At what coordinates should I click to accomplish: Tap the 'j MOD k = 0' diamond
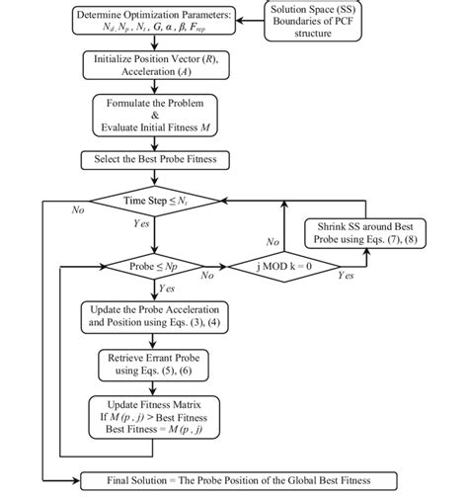point(283,267)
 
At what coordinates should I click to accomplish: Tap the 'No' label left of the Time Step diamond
point(78,210)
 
